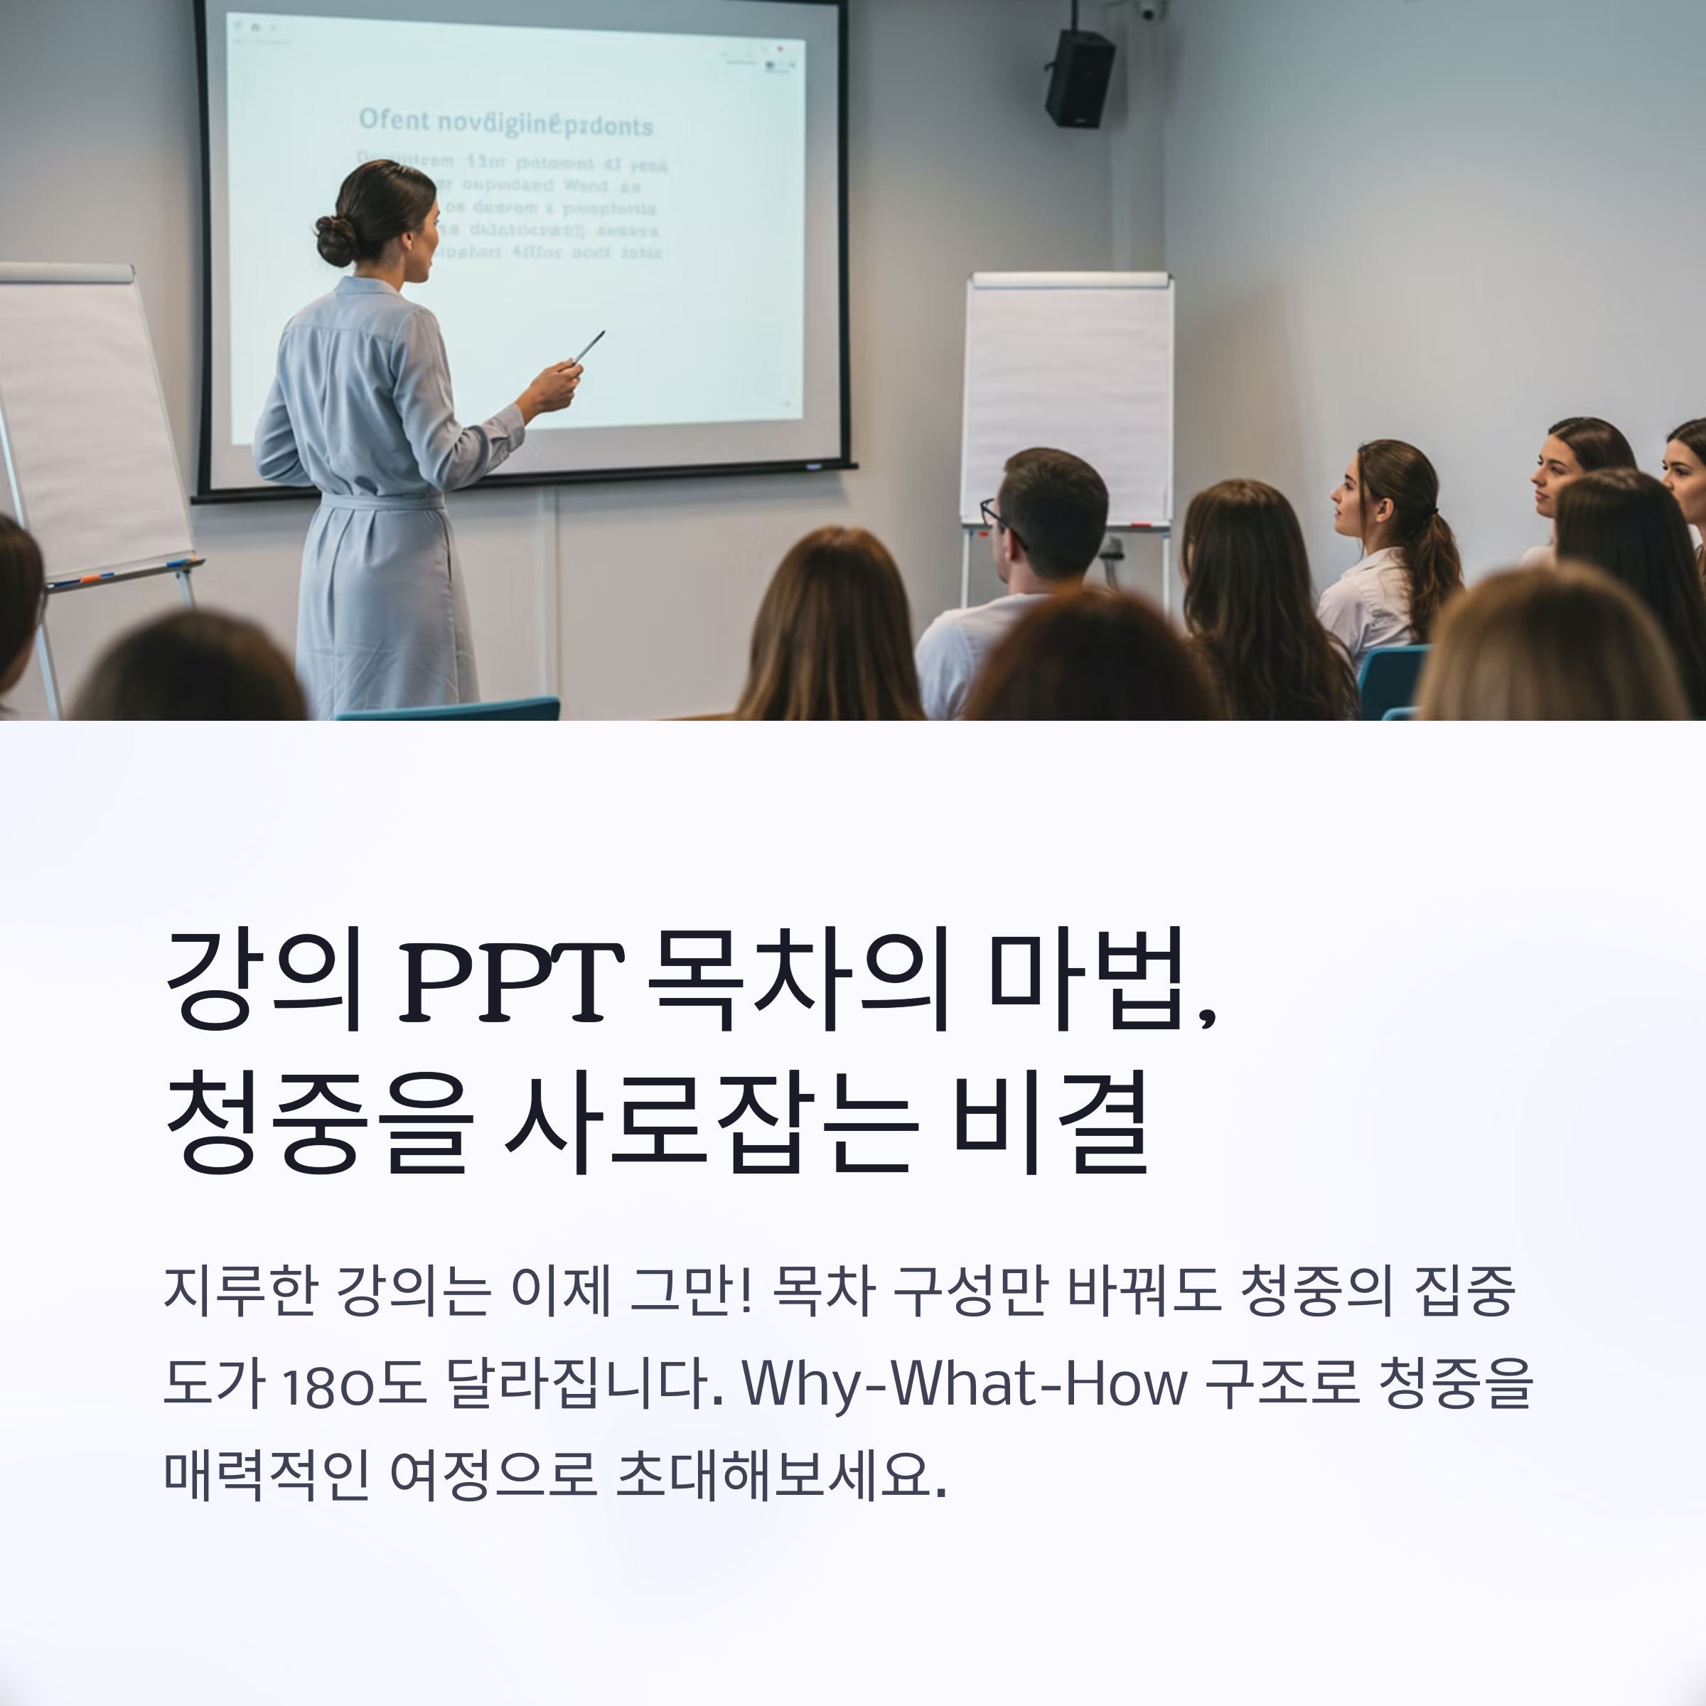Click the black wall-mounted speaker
[1079, 79]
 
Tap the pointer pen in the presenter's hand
[589, 347]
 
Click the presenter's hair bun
[336, 240]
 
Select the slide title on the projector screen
[505, 123]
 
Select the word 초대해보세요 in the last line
[780, 1475]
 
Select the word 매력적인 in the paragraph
[266, 1475]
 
